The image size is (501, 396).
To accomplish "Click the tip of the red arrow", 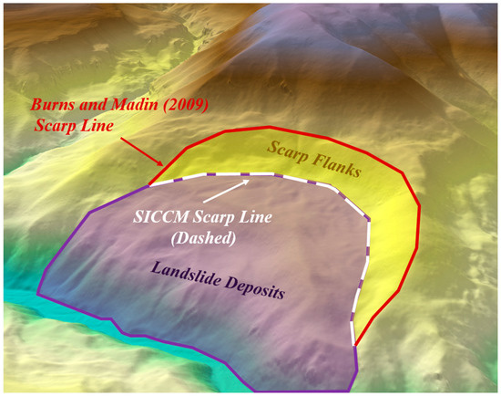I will tap(165, 167).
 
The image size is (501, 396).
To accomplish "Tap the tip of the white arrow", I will tap(254, 179).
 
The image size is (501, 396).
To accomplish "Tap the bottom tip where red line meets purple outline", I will tap(353, 347).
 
